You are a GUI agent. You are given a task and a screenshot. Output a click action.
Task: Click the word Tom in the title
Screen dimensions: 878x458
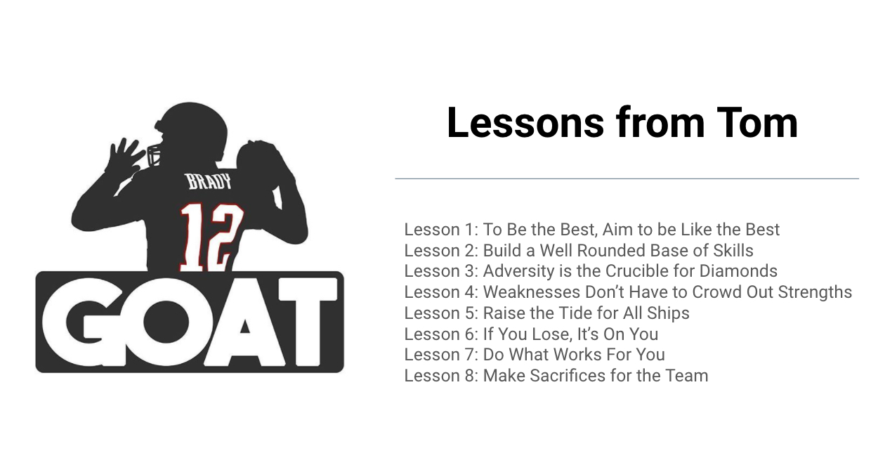coord(757,123)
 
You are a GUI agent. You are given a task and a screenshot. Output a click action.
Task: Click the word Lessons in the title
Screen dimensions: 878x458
coord(525,123)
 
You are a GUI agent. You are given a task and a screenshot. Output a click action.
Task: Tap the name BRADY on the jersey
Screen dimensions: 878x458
coord(209,182)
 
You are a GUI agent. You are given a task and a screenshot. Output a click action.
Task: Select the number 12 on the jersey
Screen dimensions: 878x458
coord(211,237)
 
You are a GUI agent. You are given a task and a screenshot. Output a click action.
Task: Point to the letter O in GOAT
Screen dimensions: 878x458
coord(166,322)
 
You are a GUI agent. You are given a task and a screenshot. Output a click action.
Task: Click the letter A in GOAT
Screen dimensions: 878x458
coord(245,322)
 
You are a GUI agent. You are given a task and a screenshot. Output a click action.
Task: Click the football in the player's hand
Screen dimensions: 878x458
coord(257,161)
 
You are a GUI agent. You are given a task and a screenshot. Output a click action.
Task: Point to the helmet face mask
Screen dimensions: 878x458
coord(154,156)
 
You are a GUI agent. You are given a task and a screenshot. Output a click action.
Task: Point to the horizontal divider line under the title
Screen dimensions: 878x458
coord(627,179)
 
